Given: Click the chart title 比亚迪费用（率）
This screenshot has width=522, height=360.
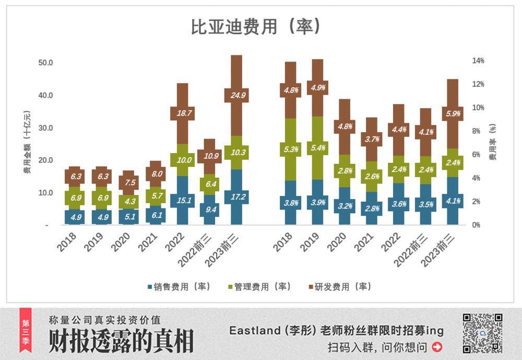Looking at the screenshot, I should (255, 27).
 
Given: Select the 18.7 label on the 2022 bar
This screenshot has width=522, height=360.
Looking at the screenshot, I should (182, 113).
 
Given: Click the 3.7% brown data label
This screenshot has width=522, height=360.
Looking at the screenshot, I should (371, 139).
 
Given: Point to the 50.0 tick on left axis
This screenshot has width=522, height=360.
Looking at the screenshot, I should (46, 63).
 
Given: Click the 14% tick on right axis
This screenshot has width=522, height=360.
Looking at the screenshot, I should (478, 61).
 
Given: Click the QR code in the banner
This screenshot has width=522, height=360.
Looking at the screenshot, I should (482, 333).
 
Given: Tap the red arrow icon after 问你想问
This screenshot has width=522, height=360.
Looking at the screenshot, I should (437, 346).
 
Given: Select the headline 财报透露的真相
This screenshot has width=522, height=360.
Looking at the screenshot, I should (121, 342).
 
